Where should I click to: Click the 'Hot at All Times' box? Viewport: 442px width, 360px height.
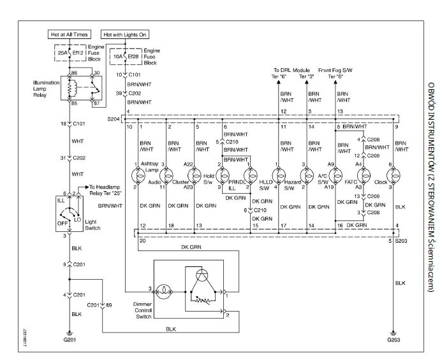click(x=69, y=34)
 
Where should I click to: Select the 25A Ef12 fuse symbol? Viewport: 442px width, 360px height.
click(x=69, y=52)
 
